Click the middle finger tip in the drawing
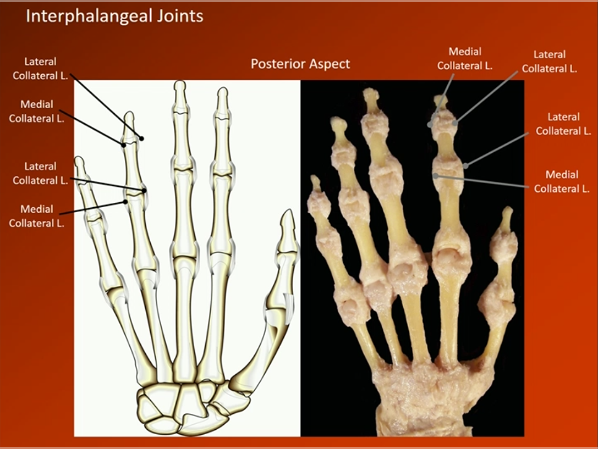point(180,85)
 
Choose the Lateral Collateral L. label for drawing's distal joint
point(40,69)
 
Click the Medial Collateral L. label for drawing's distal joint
point(37,111)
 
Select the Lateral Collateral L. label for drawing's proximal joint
point(40,173)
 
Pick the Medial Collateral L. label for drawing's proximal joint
point(37,216)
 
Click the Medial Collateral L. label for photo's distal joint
point(465,58)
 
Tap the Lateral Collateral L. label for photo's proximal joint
point(563,124)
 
